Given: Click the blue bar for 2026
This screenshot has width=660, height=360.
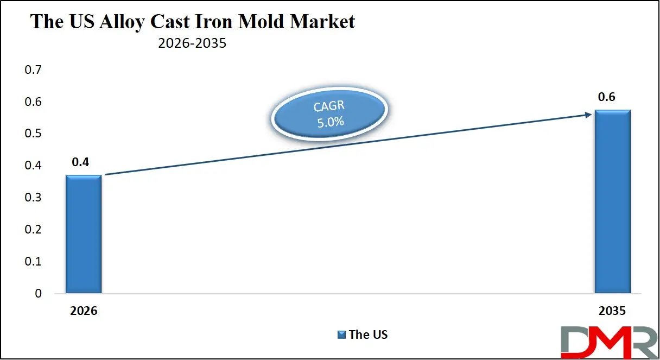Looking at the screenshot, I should [x=84, y=234].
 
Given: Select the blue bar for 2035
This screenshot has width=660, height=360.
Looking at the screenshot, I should [x=612, y=201].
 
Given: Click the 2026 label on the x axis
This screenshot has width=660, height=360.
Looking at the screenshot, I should [x=83, y=312].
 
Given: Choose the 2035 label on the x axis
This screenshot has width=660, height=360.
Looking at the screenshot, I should [x=612, y=312].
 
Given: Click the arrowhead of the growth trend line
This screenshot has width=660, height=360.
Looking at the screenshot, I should [x=588, y=114].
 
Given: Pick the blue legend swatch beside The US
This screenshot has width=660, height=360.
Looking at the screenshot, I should [x=341, y=334].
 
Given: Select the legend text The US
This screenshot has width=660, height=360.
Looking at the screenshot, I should [x=368, y=334].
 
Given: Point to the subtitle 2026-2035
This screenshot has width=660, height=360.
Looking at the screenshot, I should [x=192, y=43].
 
